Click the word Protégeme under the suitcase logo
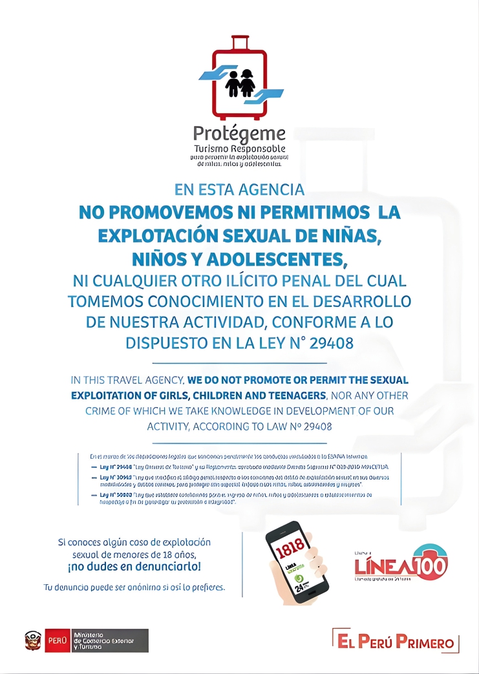(x=239, y=134)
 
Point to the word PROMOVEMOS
(x=165, y=212)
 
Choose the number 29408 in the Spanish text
(x=332, y=343)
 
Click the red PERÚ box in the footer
(x=57, y=641)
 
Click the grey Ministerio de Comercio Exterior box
(x=109, y=641)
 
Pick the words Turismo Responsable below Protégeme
(x=239, y=149)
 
